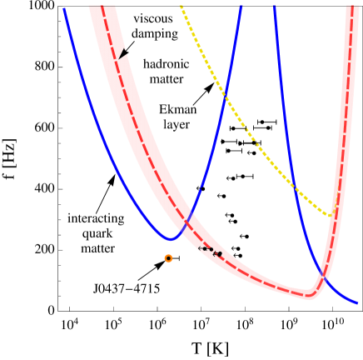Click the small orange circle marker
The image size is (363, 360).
coord(168,258)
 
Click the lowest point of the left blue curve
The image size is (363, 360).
coord(171,239)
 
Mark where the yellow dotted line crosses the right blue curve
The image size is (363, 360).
coord(294,186)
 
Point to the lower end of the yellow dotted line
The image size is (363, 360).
coord(331,215)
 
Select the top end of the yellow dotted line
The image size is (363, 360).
coord(181,6)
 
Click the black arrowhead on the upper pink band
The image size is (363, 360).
coord(123,53)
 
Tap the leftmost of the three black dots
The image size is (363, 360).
coord(200,248)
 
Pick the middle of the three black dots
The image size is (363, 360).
coord(206,248)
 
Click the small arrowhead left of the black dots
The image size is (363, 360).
coord(218,253)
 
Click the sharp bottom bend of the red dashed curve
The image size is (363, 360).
coord(311,295)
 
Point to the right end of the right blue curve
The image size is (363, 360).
coord(357,302)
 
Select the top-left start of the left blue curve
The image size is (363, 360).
coord(64,8)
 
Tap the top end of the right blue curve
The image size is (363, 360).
coord(274,6)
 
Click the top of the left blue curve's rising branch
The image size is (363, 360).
coord(241,6)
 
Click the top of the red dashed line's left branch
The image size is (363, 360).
coord(102,6)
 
